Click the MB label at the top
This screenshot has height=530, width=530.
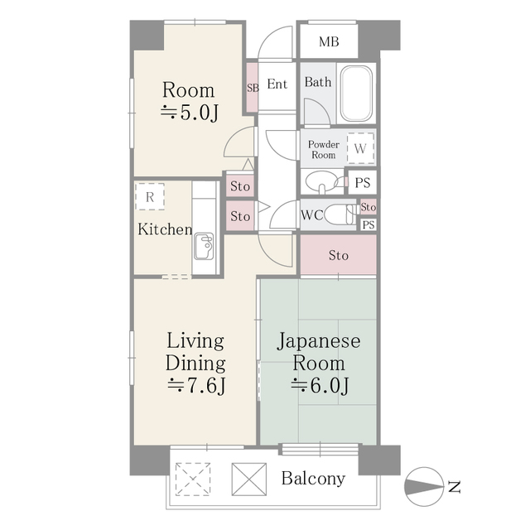click(x=328, y=41)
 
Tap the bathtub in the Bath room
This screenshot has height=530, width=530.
click(x=356, y=94)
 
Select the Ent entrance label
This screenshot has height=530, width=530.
click(x=277, y=84)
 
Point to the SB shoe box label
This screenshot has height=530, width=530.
click(x=252, y=86)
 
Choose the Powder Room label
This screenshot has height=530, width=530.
click(x=323, y=149)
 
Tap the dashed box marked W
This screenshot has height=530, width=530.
click(x=360, y=148)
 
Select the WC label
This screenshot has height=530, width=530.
click(x=311, y=214)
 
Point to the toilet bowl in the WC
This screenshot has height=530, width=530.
click(x=339, y=214)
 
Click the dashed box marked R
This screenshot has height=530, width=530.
click(x=149, y=196)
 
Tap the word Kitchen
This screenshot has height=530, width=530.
click(x=164, y=229)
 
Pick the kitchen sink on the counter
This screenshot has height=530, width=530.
click(x=205, y=246)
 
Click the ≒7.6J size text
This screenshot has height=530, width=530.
click(x=195, y=385)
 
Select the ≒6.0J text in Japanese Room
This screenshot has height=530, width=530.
click(x=319, y=385)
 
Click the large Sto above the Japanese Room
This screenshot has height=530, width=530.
click(x=338, y=255)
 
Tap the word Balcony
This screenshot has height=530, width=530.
click(x=312, y=479)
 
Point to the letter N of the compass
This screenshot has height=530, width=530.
click(x=454, y=487)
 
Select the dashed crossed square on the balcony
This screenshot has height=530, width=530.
click(x=192, y=478)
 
